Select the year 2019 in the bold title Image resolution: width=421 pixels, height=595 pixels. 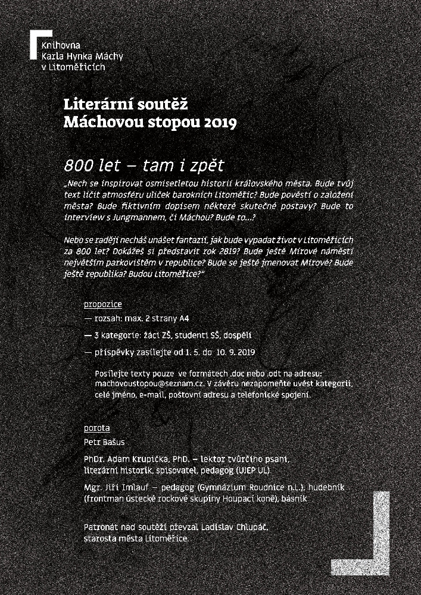coord(220,123)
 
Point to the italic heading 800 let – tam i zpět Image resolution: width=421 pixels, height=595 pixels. coord(146,164)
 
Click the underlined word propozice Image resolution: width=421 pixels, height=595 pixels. coord(103,305)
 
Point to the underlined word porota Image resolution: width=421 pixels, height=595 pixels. coord(97,428)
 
